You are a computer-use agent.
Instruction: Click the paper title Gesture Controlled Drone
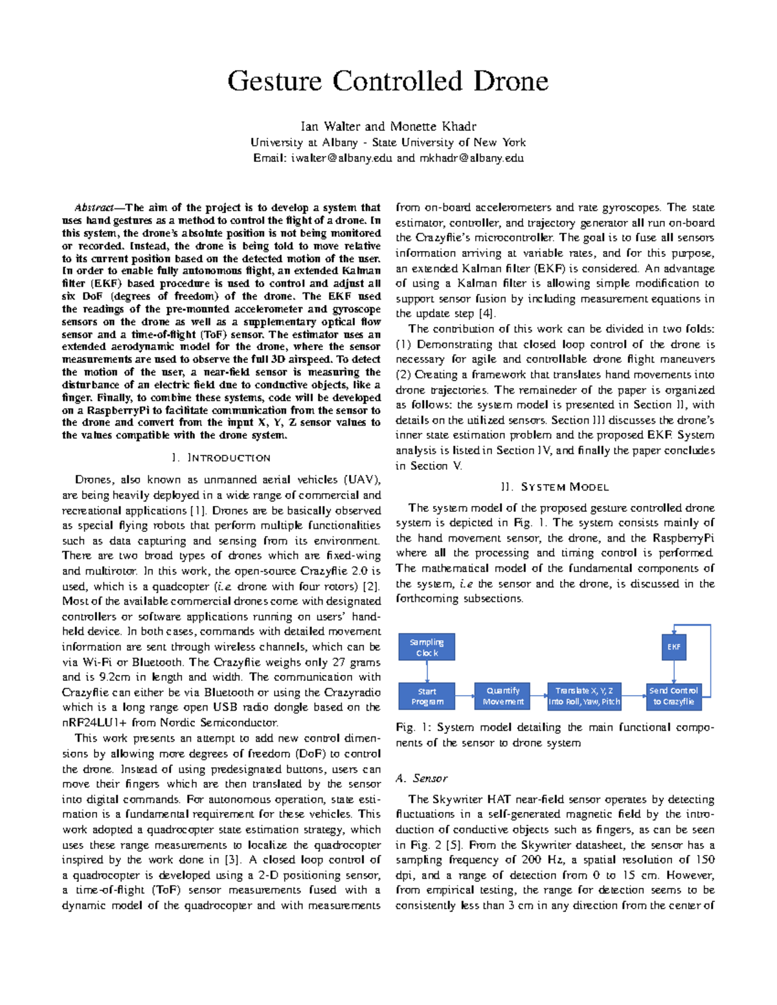pos(388,82)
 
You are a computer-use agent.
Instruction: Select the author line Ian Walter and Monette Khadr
pos(388,126)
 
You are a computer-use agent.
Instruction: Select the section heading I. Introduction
pos(221,458)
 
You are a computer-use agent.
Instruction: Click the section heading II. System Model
pos(555,487)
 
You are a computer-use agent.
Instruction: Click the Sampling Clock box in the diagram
pos(427,647)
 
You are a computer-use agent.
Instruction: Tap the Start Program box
pos(427,696)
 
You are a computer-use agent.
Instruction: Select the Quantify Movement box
pos(502,696)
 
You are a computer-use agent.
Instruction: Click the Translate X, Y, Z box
pos(584,696)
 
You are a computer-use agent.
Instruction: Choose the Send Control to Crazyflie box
pos(673,696)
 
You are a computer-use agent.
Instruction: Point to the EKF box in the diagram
pos(673,647)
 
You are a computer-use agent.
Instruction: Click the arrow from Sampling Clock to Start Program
pos(427,672)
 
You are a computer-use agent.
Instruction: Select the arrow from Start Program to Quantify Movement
pos(465,696)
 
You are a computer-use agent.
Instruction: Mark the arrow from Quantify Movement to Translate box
pos(539,696)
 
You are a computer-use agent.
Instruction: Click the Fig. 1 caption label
pos(405,727)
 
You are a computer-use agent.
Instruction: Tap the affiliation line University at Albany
pos(388,142)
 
